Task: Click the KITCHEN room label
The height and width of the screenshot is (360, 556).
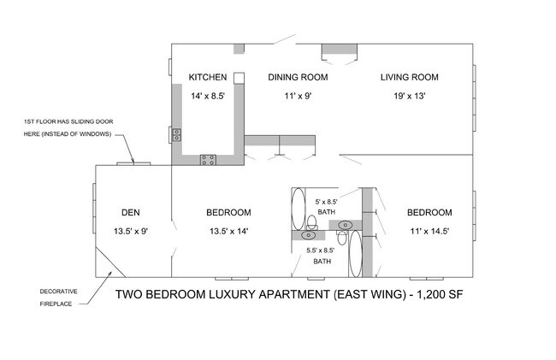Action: [x=207, y=78]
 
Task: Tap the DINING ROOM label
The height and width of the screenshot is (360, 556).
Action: [x=298, y=78]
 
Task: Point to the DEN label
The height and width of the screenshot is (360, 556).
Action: [x=131, y=212]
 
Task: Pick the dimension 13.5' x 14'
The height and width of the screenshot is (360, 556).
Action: [x=228, y=230]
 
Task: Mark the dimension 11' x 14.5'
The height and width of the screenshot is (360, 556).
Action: [x=429, y=230]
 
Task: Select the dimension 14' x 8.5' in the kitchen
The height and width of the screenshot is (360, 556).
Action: [x=207, y=97]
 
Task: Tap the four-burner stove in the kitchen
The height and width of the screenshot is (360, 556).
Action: [x=208, y=159]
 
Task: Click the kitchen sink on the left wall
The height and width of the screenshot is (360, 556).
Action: [x=177, y=133]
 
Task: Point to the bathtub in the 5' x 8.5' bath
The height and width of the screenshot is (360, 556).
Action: [x=299, y=210]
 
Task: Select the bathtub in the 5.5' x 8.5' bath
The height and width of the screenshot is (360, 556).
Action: [x=357, y=254]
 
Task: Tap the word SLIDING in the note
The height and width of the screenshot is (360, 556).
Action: [x=98, y=122]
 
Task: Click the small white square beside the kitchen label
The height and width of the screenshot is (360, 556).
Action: [x=240, y=78]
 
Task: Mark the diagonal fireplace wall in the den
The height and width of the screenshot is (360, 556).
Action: [x=110, y=260]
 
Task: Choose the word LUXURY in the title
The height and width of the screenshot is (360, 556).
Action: [x=228, y=295]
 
